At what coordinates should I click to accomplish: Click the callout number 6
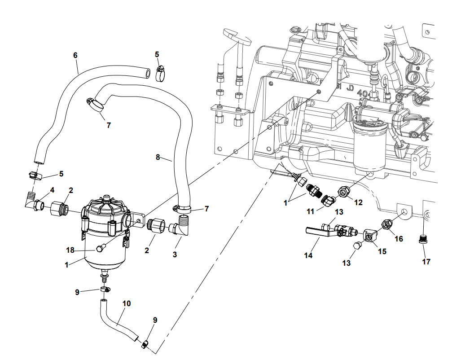[75, 55]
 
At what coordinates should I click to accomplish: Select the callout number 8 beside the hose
[158, 157]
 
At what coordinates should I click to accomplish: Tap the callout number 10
[127, 303]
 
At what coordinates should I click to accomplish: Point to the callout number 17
[426, 261]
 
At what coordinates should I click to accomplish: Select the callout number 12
[358, 202]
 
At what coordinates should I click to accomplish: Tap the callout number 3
[175, 255]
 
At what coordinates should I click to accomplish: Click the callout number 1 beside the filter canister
[66, 265]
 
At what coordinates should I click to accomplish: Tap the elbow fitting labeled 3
[182, 227]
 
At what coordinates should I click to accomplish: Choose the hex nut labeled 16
[386, 223]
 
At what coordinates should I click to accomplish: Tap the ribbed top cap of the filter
[106, 207]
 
